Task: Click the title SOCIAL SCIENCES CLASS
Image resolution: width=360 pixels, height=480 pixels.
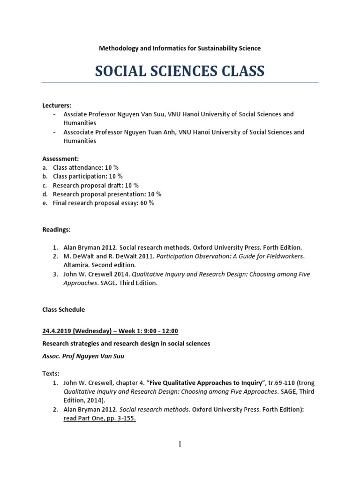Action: (x=180, y=71)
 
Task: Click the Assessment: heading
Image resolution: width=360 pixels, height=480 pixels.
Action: (x=60, y=159)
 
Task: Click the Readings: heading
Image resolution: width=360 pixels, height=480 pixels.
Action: (x=56, y=230)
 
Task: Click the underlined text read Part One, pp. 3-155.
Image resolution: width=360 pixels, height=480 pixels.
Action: (x=99, y=419)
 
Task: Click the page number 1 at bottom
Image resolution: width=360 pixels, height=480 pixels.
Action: (x=180, y=444)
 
